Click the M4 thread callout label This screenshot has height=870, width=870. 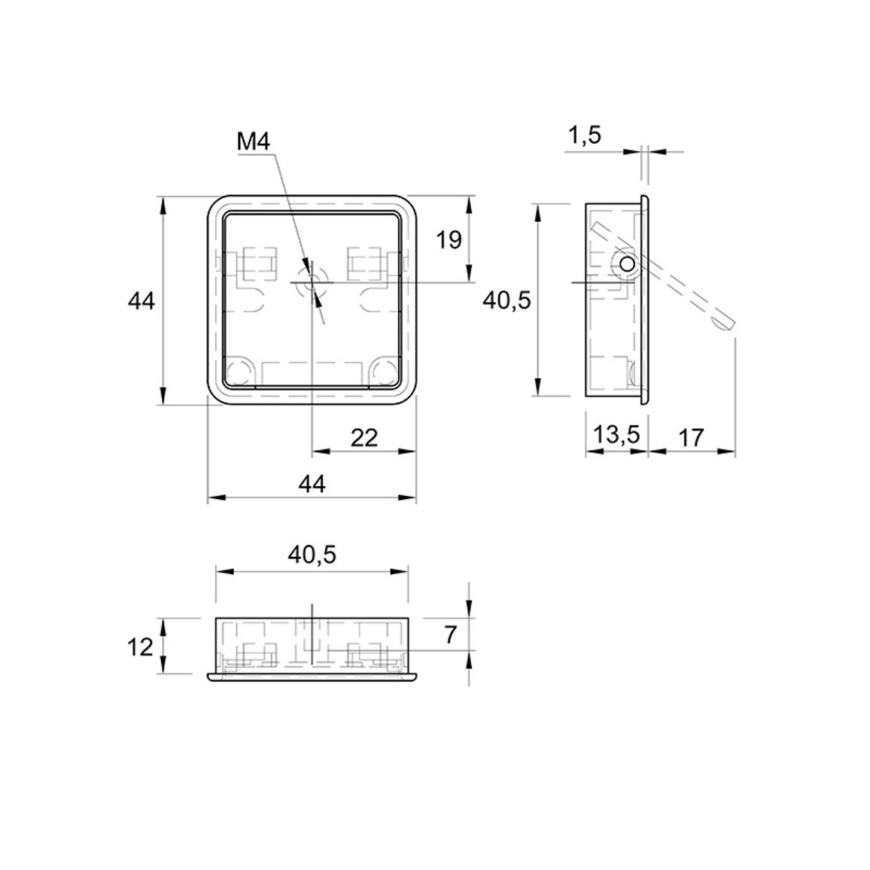coord(254,142)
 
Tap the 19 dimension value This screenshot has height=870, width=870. coord(449,240)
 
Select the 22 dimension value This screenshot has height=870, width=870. coord(364,438)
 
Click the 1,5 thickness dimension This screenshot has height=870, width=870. coord(585,135)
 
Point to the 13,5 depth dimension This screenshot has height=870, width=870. coord(616,434)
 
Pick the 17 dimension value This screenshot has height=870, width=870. coord(691,438)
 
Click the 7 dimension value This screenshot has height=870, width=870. coord(450,634)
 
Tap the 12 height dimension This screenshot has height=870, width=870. coord(140,646)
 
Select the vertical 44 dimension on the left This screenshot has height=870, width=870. coord(141,301)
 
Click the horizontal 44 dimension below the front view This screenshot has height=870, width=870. coord(312,485)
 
